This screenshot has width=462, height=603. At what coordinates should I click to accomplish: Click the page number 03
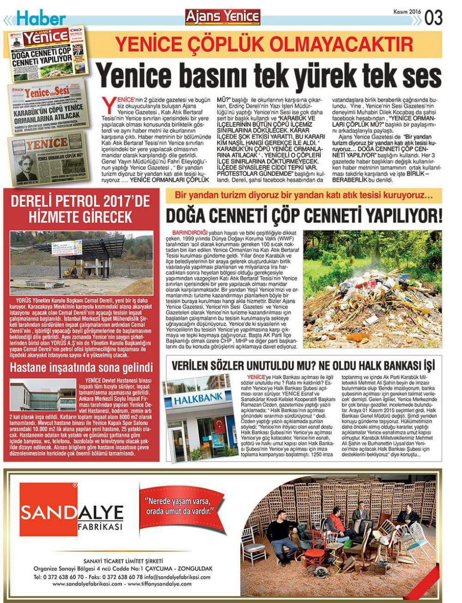click(x=433, y=17)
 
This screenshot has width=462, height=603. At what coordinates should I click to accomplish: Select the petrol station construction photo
click(x=83, y=262)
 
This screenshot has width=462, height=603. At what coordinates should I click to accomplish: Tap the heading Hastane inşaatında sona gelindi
click(x=81, y=367)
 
